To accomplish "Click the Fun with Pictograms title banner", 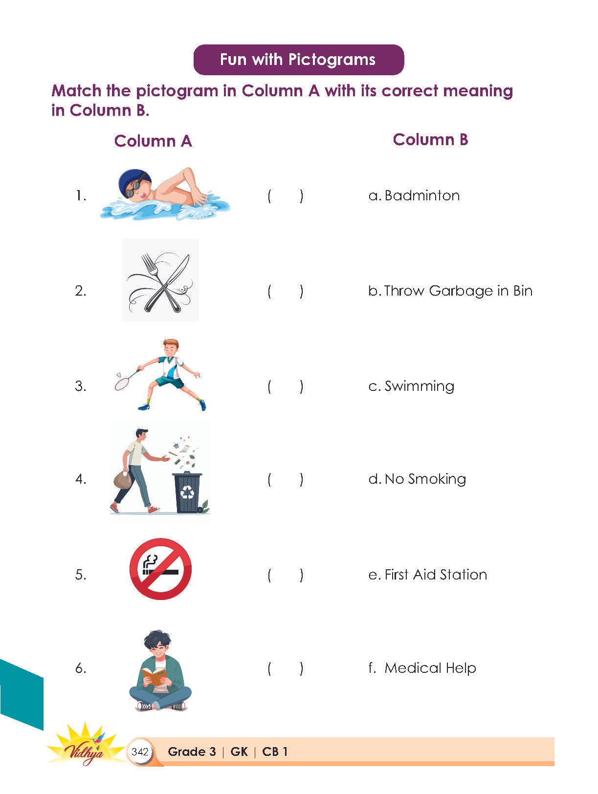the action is [x=299, y=60].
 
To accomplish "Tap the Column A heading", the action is [x=153, y=141].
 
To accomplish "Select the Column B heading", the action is [x=430, y=140].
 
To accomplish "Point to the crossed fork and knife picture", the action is [x=160, y=280].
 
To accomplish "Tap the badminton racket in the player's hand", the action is [x=125, y=379].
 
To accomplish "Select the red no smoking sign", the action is [x=160, y=569].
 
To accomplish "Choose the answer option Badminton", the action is [x=414, y=196].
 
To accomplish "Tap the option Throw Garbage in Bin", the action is [x=450, y=291].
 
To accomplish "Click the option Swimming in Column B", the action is [x=411, y=386].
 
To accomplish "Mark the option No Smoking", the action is [x=417, y=479].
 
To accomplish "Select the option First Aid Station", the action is [x=427, y=575].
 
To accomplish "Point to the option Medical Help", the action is [x=422, y=668].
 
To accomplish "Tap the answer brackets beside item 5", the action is [x=285, y=575].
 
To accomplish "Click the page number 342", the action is [x=140, y=752].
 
